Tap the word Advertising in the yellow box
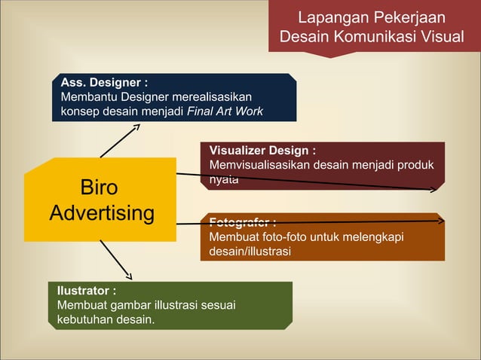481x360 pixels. pos(101,213)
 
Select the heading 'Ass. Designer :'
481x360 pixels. pos(104,82)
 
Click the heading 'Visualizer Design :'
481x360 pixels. pos(262,151)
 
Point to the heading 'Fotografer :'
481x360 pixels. pos(242,222)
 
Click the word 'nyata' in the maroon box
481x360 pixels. pos(224,179)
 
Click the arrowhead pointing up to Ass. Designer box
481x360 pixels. pos(135,127)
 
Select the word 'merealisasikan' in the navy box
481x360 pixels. pos(214,97)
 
